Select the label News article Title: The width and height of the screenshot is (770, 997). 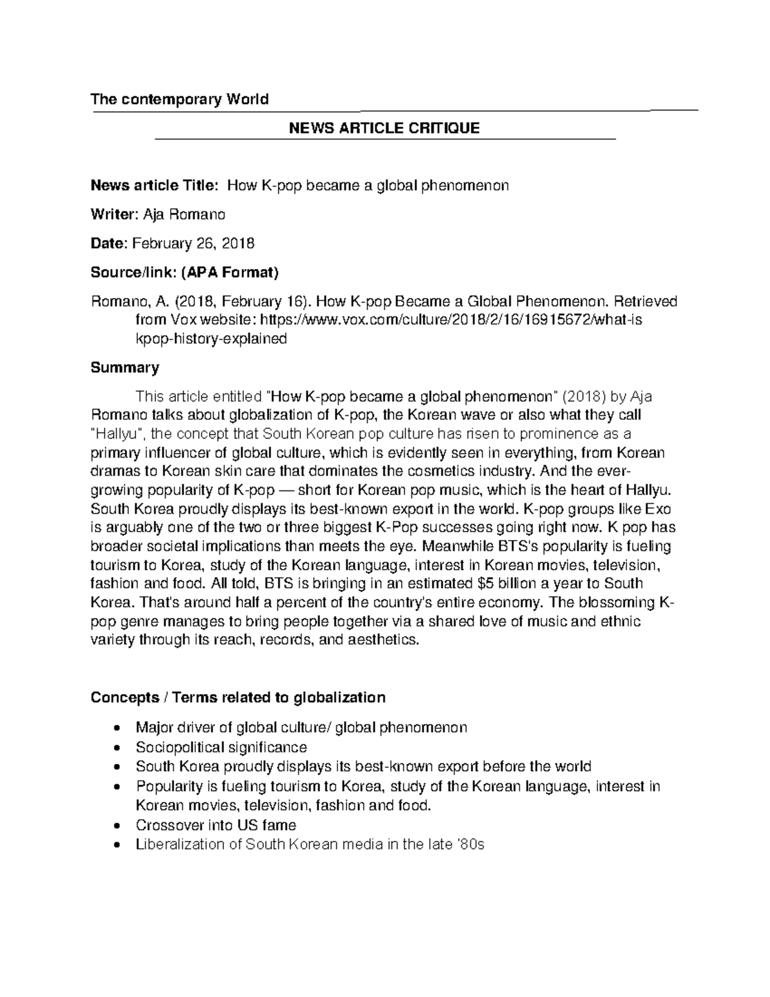click(155, 186)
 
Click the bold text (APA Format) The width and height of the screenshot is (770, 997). click(230, 273)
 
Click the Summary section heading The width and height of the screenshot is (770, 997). click(124, 368)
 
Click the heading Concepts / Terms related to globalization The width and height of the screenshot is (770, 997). click(238, 698)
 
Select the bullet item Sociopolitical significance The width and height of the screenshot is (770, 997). click(221, 747)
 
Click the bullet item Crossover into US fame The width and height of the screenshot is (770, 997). click(216, 825)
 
